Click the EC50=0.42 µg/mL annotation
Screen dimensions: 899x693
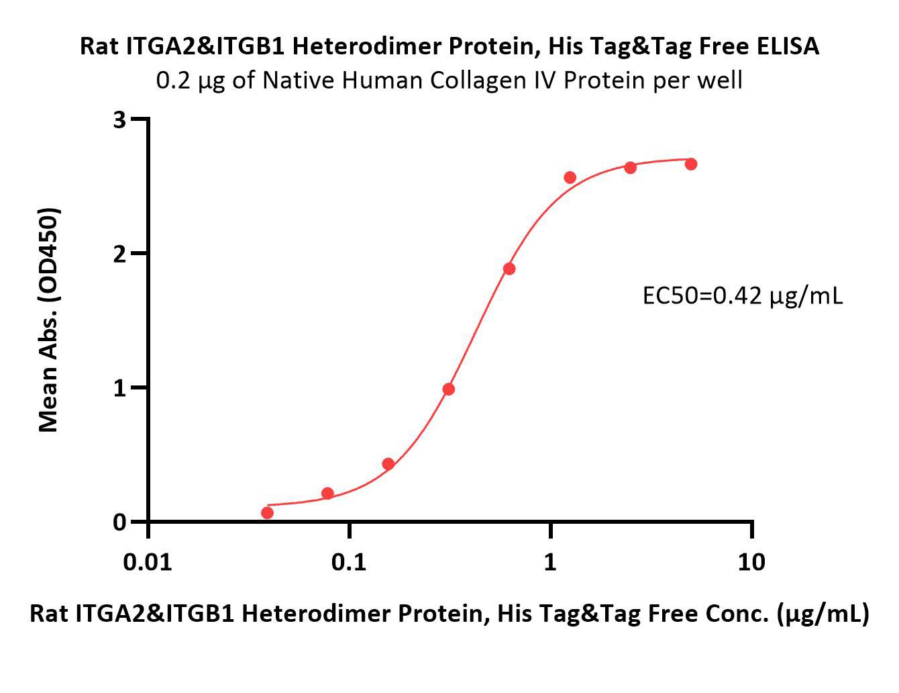point(742,297)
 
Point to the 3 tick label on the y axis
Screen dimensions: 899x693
point(119,120)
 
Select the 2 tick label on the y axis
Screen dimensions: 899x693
point(119,255)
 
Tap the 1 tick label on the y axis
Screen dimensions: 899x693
point(119,388)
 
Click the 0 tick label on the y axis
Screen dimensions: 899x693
point(119,522)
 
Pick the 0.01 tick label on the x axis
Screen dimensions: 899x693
point(148,563)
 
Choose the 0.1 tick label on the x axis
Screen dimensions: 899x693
point(349,563)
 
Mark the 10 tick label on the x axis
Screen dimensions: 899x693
point(751,563)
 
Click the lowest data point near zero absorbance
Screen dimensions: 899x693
point(268,513)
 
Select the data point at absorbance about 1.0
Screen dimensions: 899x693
point(448,389)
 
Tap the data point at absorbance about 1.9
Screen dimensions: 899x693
point(509,269)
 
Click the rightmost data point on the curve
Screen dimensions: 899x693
point(691,165)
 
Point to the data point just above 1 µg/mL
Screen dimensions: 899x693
point(570,178)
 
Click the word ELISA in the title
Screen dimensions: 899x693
point(788,46)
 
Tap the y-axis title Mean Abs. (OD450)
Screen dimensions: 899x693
point(48,320)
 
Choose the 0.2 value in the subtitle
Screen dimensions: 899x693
point(173,81)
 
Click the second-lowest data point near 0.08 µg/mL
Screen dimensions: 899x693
point(327,493)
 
